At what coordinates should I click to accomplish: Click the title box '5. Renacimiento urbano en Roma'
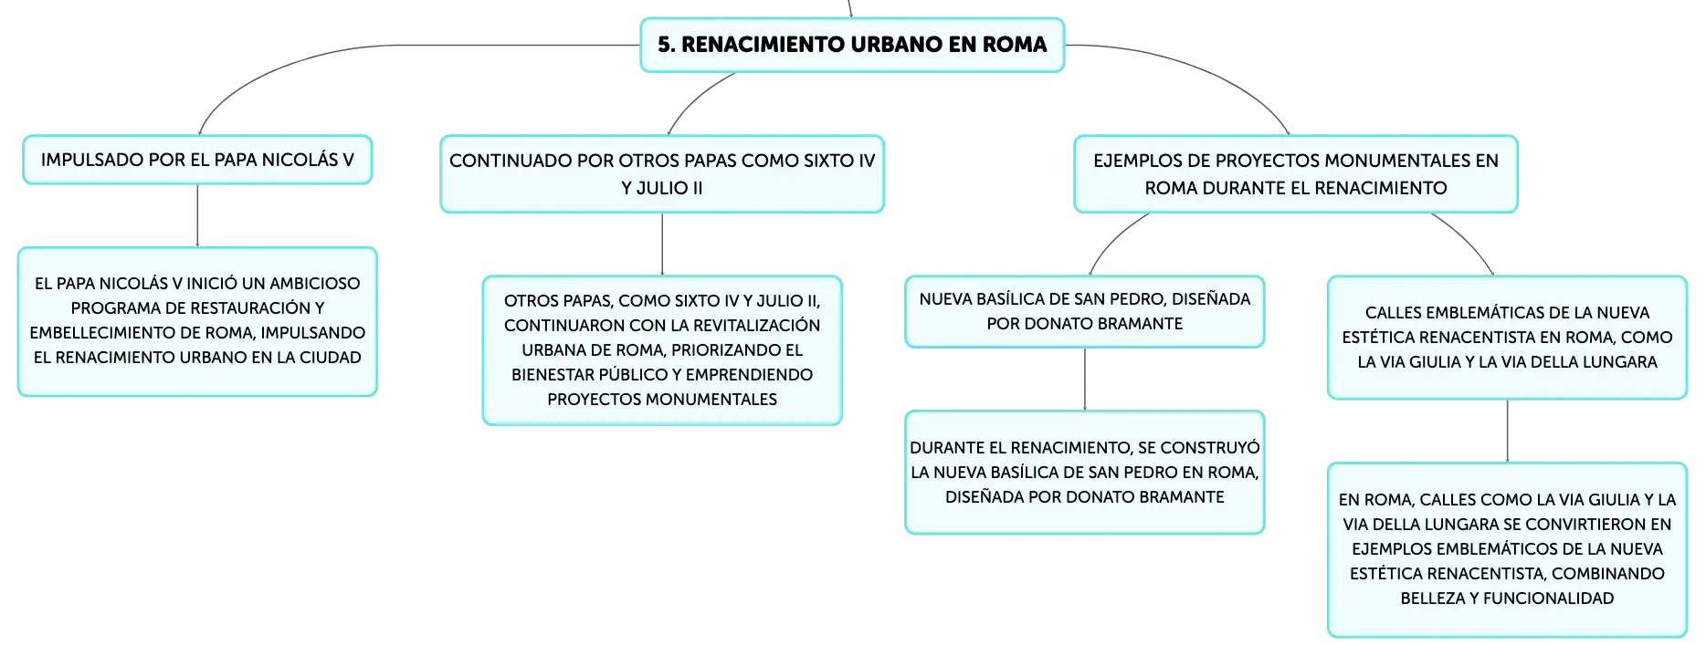[x=852, y=45]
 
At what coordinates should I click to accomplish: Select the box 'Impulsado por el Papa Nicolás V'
[x=197, y=160]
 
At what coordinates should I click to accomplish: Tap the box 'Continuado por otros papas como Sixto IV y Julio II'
[x=662, y=174]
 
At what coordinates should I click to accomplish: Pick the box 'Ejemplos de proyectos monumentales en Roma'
[x=1296, y=174]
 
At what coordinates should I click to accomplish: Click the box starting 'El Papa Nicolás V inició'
[x=197, y=321]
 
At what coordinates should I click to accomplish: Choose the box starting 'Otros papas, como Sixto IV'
[x=662, y=350]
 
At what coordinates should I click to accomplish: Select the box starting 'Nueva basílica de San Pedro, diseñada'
[x=1085, y=311]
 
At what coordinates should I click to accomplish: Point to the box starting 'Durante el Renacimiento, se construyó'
[x=1085, y=473]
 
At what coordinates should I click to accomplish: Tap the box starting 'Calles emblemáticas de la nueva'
[x=1507, y=338]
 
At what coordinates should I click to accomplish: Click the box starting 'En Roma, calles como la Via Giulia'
[x=1507, y=549]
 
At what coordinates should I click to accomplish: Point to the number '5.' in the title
[x=667, y=45]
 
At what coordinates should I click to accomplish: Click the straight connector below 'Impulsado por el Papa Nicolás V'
[x=197, y=215]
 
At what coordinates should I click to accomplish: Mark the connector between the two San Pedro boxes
[x=1085, y=380]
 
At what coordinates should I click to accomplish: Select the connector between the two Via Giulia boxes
[x=1507, y=432]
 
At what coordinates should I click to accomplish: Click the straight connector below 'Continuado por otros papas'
[x=662, y=245]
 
